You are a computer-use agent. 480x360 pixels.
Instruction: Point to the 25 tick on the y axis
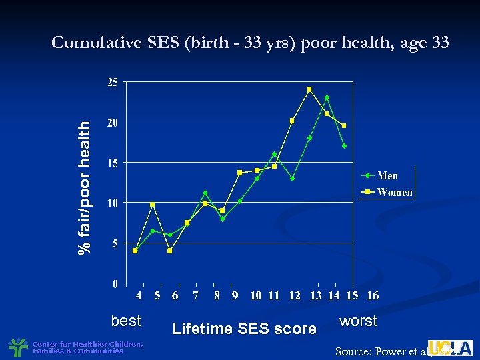113,82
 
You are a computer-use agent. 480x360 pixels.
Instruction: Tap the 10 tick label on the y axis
113,203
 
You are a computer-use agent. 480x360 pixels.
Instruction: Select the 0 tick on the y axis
115,283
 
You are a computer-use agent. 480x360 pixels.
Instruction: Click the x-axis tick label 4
139,295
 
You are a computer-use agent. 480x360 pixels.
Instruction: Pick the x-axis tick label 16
372,295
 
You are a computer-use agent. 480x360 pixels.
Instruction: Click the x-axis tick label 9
235,295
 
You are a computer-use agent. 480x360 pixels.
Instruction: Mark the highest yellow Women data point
309,89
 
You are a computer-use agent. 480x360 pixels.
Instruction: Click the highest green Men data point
327,97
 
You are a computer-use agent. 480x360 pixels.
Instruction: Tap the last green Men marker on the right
344,146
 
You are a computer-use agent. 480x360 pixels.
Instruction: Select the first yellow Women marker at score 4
135,251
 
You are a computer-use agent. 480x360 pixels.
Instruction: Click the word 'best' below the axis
126,321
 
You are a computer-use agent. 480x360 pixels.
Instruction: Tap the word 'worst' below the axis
358,321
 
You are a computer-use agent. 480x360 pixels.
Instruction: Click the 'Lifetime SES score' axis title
244,329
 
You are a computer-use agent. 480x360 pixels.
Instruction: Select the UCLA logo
450,347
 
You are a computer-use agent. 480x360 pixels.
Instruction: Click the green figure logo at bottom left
17,347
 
